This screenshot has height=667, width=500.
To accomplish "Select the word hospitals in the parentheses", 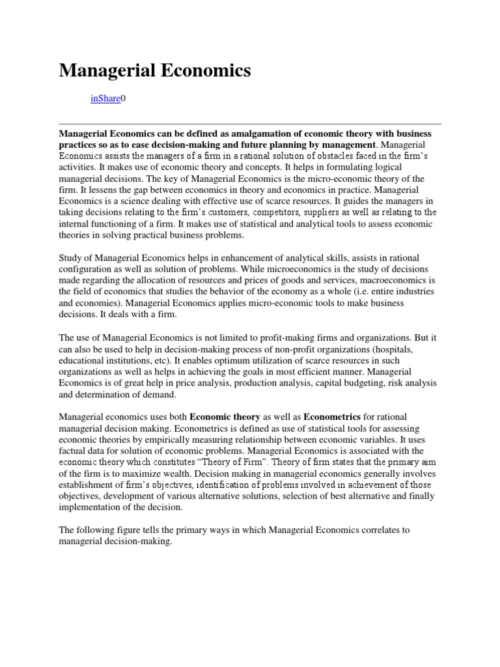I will point(417,348).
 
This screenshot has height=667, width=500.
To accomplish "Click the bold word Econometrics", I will point(328,416).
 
